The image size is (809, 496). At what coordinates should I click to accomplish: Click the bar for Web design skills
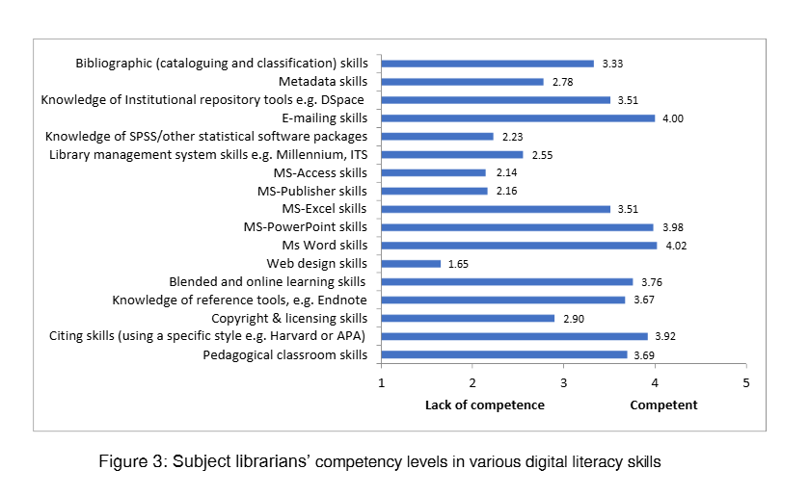coord(411,263)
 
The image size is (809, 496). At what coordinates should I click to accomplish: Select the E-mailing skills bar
coord(518,117)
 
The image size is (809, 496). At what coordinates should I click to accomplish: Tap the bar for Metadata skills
coord(462,82)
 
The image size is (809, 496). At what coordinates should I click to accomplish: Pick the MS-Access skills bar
coord(433,172)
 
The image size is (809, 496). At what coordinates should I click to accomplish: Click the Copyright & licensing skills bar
coord(468,318)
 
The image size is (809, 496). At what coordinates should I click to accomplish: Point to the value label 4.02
coord(673,246)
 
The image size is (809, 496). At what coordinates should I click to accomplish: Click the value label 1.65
coord(457,264)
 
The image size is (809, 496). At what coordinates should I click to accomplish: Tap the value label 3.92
coord(663,336)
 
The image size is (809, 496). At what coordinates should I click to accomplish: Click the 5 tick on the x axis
coord(746,383)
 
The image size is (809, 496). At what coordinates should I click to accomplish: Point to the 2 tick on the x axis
coord(472,383)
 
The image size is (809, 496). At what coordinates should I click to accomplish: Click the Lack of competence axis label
coord(484,405)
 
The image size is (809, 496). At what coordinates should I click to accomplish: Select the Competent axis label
coord(663,405)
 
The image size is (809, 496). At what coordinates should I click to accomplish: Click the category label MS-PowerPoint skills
coord(305,227)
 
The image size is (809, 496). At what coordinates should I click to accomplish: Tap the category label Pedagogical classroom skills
coord(285,354)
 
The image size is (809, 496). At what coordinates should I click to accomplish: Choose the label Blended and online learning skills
coord(267,282)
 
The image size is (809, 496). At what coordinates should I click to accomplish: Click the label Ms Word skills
coord(317,246)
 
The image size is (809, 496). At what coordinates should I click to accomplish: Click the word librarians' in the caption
coord(290,461)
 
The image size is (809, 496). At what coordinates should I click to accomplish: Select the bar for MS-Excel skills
coord(496,209)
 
